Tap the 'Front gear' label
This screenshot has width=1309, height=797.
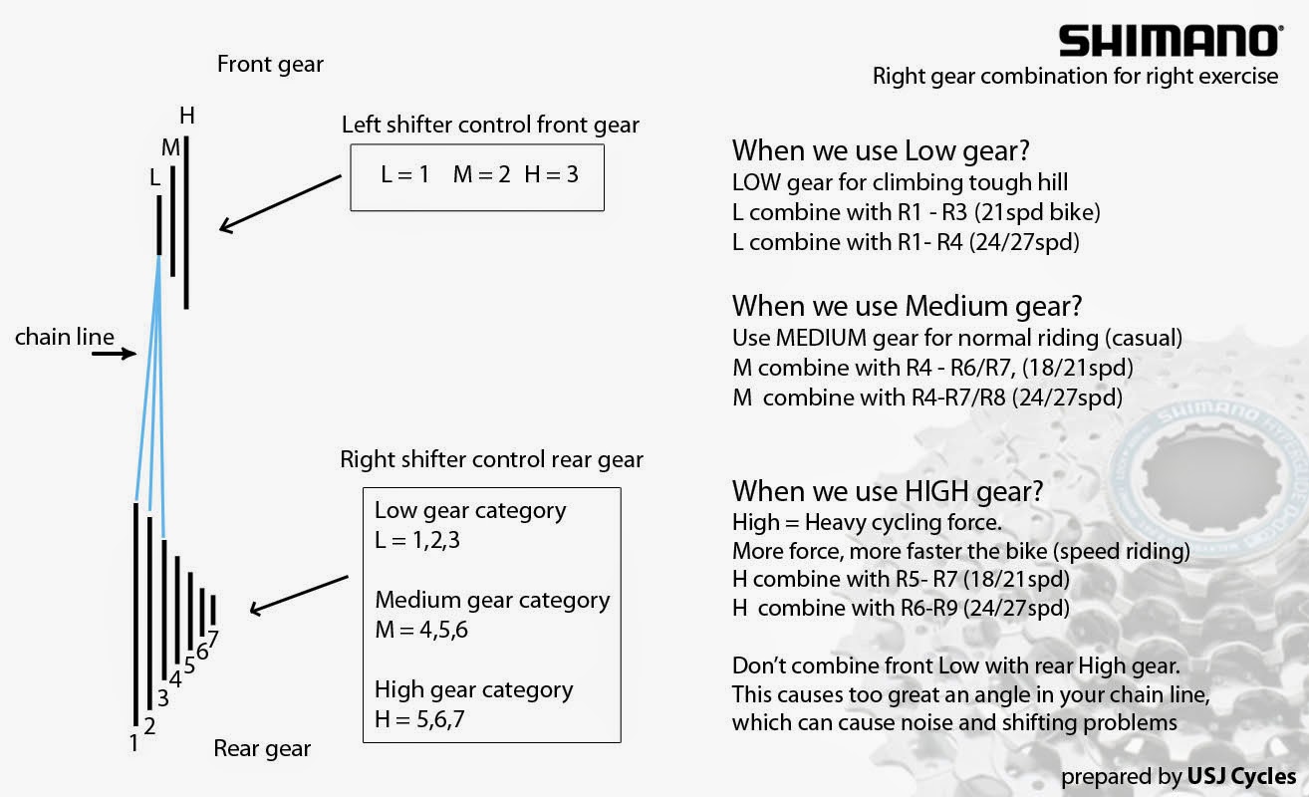pyautogui.click(x=270, y=65)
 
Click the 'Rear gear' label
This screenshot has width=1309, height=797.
pyautogui.click(x=262, y=749)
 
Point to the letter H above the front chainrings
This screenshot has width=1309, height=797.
pyautogui.click(x=187, y=116)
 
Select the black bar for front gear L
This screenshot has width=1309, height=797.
pyautogui.click(x=159, y=225)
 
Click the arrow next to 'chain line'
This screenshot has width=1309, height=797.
pyautogui.click(x=114, y=353)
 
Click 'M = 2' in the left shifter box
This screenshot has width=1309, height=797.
pyautogui.click(x=481, y=174)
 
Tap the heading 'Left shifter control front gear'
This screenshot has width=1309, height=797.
pyautogui.click(x=490, y=126)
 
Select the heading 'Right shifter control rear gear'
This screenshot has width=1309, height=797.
pyautogui.click(x=491, y=460)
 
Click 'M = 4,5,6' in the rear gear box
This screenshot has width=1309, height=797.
pyautogui.click(x=421, y=630)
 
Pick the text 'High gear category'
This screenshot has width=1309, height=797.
pyautogui.click(x=474, y=690)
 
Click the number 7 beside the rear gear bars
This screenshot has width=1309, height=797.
pyautogui.click(x=213, y=639)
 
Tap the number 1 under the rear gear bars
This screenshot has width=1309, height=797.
pyautogui.click(x=133, y=743)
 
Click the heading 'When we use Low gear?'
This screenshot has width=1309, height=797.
pyautogui.click(x=881, y=151)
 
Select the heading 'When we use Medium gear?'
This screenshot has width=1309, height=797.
pyautogui.click(x=907, y=307)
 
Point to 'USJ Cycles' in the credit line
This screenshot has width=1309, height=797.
pyautogui.click(x=1242, y=776)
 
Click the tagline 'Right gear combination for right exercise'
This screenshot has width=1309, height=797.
pyautogui.click(x=1075, y=77)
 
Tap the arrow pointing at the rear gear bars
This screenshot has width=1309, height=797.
pyautogui.click(x=299, y=596)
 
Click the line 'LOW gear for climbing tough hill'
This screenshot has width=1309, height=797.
pyautogui.click(x=900, y=183)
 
